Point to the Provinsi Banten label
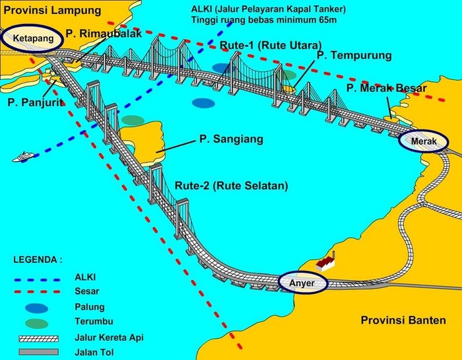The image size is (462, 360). coord(403,320)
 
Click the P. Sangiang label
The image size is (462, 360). coord(231,139)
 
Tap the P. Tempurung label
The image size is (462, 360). coord(354,55)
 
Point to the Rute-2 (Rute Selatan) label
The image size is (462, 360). coord(232,186)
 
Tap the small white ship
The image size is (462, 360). coord(24,157)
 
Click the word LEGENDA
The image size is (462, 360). coord(38,260)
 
